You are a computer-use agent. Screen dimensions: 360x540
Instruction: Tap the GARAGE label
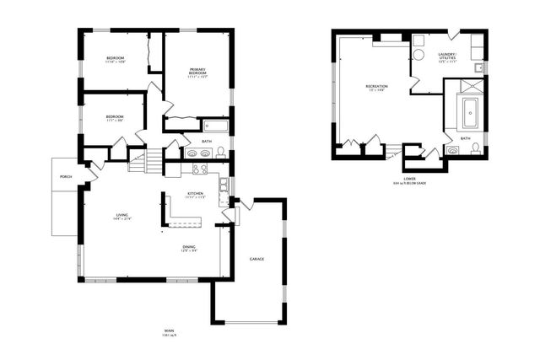pyautogui.click(x=256, y=258)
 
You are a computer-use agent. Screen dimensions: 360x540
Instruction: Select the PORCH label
pyautogui.click(x=65, y=176)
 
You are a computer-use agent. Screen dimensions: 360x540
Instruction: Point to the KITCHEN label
pyautogui.click(x=196, y=194)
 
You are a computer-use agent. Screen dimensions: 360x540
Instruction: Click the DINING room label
pyautogui.click(x=190, y=246)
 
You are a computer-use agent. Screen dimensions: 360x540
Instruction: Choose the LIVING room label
pyautogui.click(x=122, y=217)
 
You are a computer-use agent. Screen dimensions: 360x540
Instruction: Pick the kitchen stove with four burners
pyautogui.click(x=200, y=169)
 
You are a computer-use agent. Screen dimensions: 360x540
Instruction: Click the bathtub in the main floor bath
pyautogui.click(x=217, y=127)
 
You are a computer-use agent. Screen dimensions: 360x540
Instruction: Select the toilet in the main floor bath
pyautogui.click(x=221, y=153)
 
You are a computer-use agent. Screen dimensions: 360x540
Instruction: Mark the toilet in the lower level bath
pyautogui.click(x=477, y=149)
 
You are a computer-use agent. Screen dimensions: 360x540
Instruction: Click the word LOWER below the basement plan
pyautogui.click(x=409, y=178)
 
